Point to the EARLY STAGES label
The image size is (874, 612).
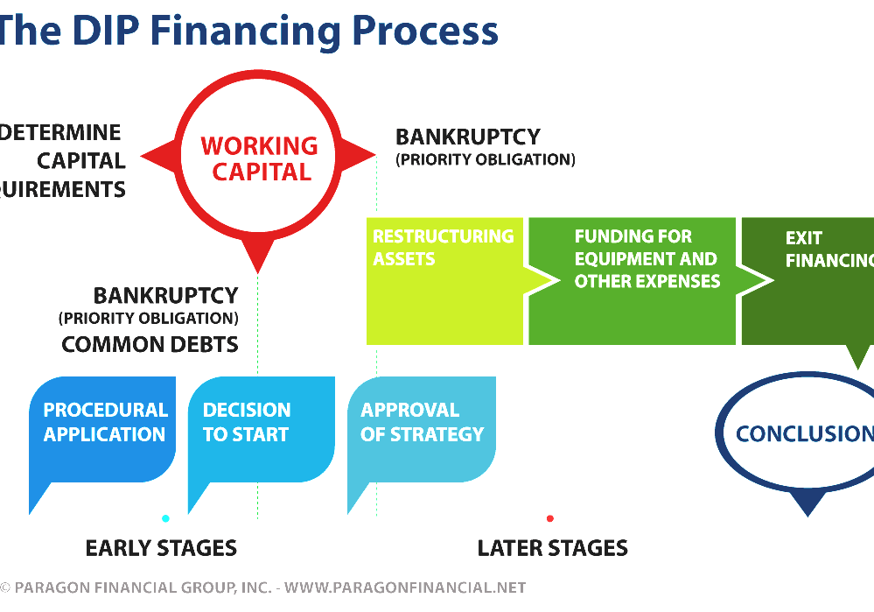161,549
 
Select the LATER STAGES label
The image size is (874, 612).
552,549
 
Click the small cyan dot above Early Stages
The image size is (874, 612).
165,518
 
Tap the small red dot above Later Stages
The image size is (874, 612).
549,518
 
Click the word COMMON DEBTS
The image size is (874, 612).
150,344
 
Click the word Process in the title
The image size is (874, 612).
424,31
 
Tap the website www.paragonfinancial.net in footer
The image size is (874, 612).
405,587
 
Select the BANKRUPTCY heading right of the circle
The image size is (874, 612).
467,137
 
